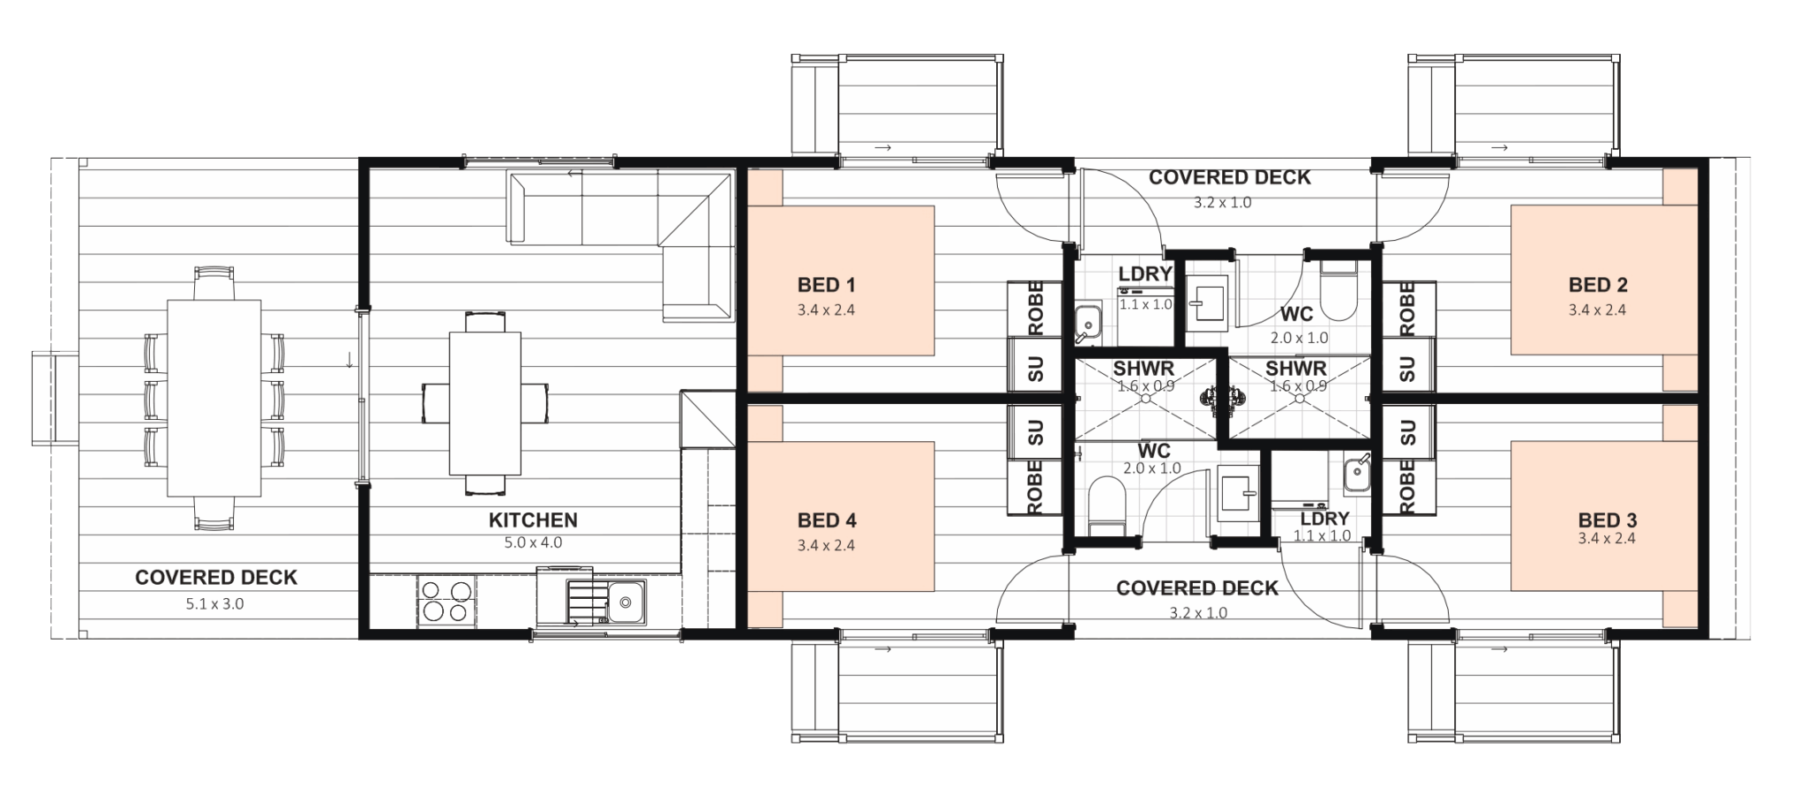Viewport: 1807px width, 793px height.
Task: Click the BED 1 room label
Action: [x=826, y=285]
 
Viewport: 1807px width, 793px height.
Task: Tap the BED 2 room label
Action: [x=1598, y=285]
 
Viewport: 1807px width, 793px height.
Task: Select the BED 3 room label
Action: [x=1608, y=520]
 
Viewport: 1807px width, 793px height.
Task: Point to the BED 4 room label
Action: [x=827, y=520]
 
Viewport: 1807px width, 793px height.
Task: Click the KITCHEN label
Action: [x=533, y=520]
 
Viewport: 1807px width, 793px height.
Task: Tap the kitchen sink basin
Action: [x=625, y=602]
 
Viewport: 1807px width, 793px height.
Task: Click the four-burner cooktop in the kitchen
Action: [x=446, y=601]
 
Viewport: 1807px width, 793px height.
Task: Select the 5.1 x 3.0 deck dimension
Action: [x=214, y=604]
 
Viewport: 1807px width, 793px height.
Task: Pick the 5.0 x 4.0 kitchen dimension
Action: [x=533, y=542]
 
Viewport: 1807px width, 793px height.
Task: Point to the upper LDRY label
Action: [x=1144, y=273]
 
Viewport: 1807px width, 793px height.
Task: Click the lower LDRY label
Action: [x=1324, y=519]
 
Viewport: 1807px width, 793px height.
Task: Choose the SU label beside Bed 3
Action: [x=1407, y=433]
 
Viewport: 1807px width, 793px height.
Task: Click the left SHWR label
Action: [x=1143, y=368]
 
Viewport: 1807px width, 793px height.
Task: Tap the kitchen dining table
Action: [x=484, y=403]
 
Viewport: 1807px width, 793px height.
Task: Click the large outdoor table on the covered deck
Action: [x=214, y=398]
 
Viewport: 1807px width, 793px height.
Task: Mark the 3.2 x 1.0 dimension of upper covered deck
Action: [x=1222, y=203]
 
